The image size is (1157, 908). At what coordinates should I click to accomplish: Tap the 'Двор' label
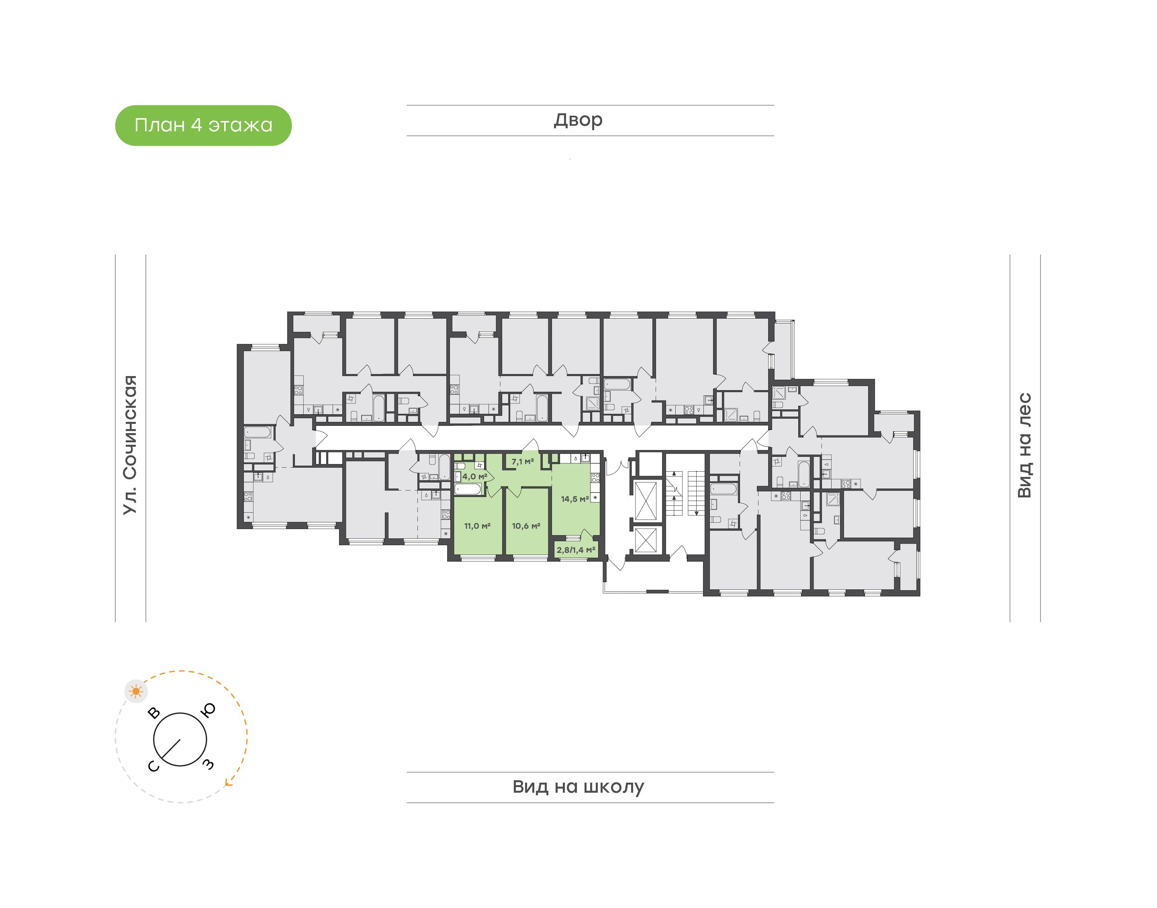click(578, 120)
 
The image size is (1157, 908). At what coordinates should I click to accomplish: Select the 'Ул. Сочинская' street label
click(130, 444)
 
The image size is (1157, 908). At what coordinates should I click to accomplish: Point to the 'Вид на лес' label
click(1024, 445)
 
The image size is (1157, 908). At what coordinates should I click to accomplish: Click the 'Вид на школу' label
click(578, 787)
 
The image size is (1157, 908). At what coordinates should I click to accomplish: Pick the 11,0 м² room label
click(477, 526)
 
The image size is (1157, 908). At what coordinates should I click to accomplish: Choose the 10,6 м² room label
click(525, 526)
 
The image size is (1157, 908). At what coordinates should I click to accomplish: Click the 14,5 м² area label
click(574, 499)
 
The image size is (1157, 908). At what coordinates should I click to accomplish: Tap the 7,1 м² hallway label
click(522, 462)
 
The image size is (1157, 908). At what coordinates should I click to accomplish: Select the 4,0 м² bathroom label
click(474, 476)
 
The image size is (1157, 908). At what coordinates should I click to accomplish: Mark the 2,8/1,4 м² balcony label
click(576, 550)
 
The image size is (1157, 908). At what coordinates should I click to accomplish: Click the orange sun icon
click(137, 691)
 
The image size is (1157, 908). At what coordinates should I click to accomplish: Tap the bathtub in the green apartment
click(468, 489)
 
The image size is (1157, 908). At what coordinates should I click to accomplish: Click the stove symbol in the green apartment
click(595, 477)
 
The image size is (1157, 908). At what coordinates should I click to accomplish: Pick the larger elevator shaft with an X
click(645, 500)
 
